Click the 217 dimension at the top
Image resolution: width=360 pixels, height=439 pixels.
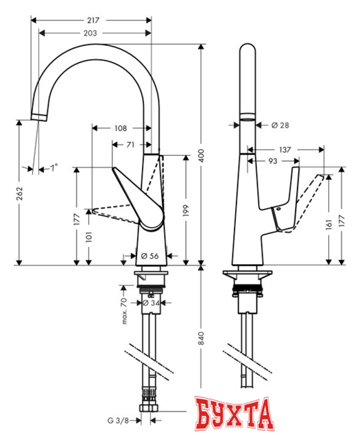(x=91, y=21)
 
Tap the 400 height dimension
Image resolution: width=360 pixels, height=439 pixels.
(x=201, y=157)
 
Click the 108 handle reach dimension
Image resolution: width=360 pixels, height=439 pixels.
(x=120, y=128)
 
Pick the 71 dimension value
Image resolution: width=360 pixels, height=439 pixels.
(x=130, y=145)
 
